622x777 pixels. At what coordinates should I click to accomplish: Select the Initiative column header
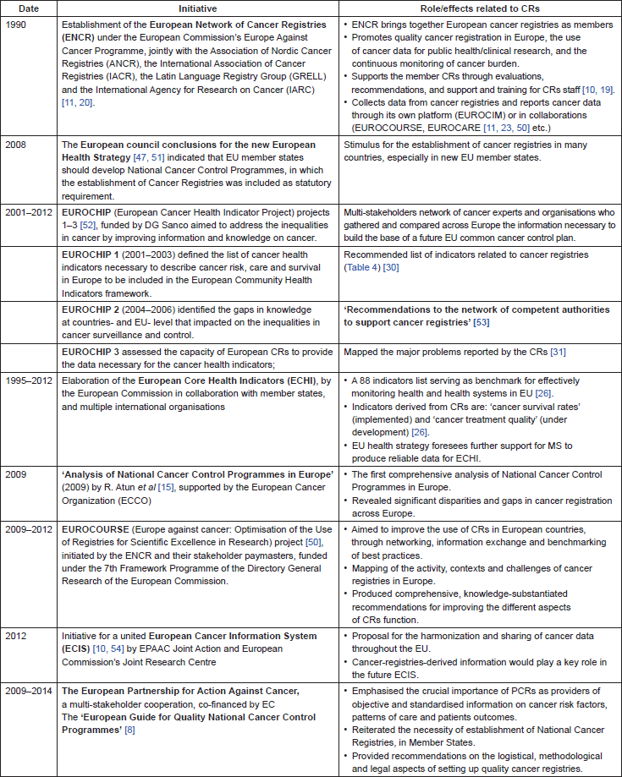193,8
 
